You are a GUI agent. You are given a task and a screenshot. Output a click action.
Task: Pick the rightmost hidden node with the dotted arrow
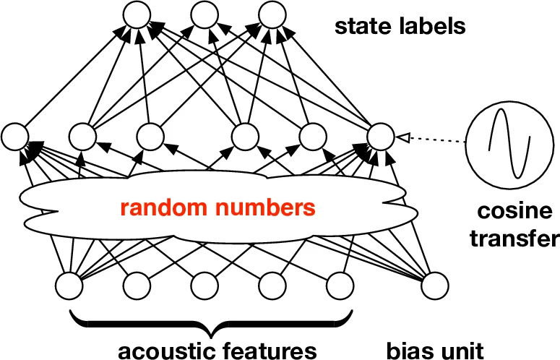380,136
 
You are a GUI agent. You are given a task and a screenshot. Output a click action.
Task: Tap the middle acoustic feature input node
203,286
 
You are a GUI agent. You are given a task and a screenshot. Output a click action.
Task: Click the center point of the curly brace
210,332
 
